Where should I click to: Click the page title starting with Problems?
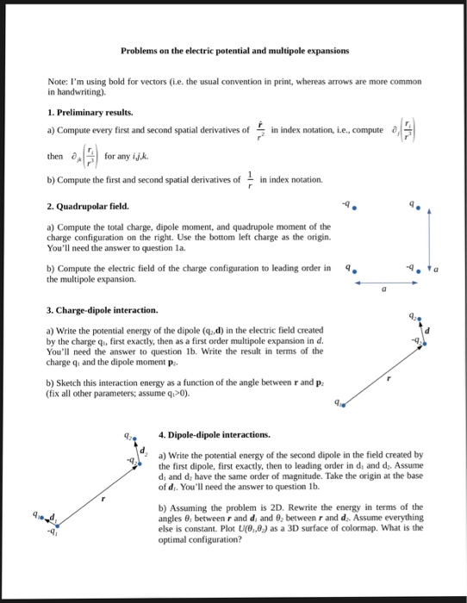[233, 51]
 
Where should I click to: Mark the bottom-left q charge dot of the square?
[356, 268]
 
